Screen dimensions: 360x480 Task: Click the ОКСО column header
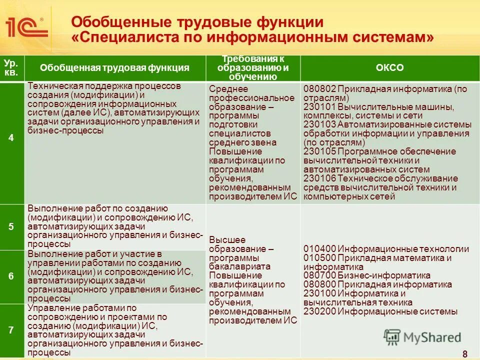(x=390, y=68)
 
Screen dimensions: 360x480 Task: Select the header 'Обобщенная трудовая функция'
(x=114, y=68)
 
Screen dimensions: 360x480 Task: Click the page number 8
(x=465, y=354)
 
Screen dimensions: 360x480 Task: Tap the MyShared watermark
(x=422, y=337)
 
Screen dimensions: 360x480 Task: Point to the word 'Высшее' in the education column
(x=225, y=240)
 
